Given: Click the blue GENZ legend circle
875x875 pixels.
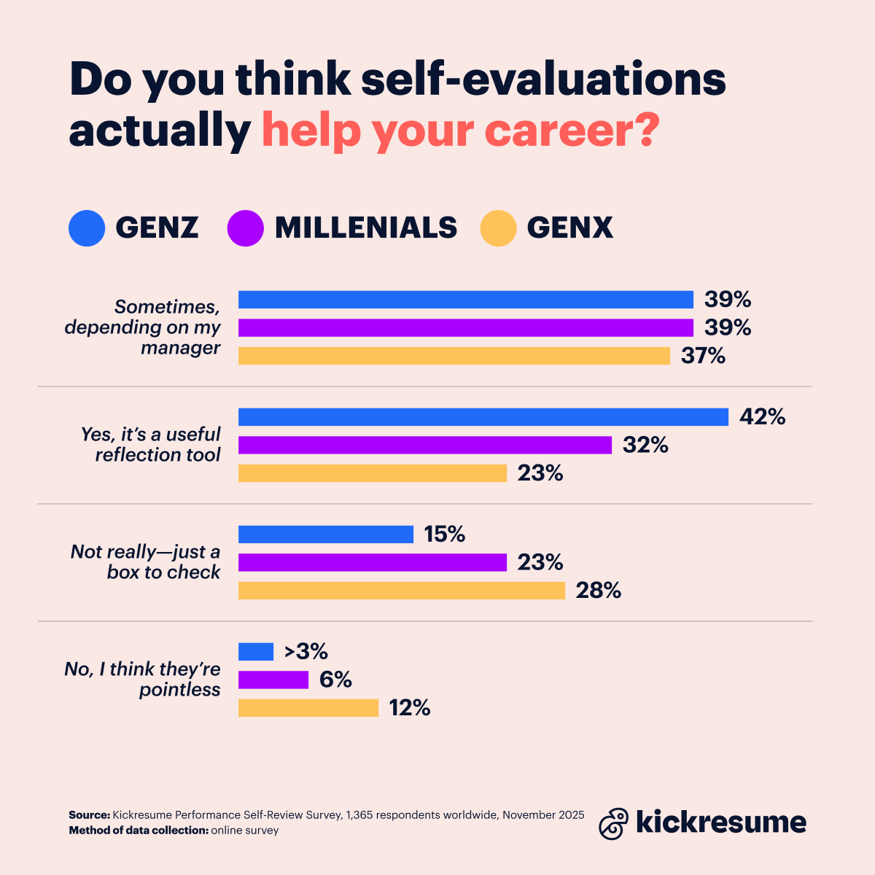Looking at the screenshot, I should click(87, 228).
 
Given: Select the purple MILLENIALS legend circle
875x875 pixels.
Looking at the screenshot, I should click(245, 228).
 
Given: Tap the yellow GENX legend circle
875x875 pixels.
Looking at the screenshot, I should click(498, 228).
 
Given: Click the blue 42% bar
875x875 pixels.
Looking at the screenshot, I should click(483, 417).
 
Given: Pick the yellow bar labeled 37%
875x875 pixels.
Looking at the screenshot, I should click(454, 356).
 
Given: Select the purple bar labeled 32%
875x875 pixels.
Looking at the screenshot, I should click(424, 445).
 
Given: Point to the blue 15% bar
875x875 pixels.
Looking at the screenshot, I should click(325, 534).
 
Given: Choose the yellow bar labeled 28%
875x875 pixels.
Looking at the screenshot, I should click(401, 591).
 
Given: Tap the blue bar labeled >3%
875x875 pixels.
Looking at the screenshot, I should click(255, 651).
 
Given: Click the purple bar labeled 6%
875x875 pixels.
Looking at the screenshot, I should click(273, 680).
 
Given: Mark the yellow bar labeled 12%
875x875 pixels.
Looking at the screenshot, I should click(308, 708).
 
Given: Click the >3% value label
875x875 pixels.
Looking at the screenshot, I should click(306, 651).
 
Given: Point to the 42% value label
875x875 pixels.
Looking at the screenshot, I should click(762, 417).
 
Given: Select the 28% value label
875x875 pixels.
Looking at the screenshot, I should click(599, 591).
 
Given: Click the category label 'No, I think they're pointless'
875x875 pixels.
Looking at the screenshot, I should click(143, 680).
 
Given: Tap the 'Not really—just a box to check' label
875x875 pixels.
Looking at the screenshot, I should click(146, 561).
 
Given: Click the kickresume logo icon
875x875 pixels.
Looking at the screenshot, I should click(613, 823).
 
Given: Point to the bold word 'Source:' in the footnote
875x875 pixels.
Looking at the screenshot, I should click(89, 815).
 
